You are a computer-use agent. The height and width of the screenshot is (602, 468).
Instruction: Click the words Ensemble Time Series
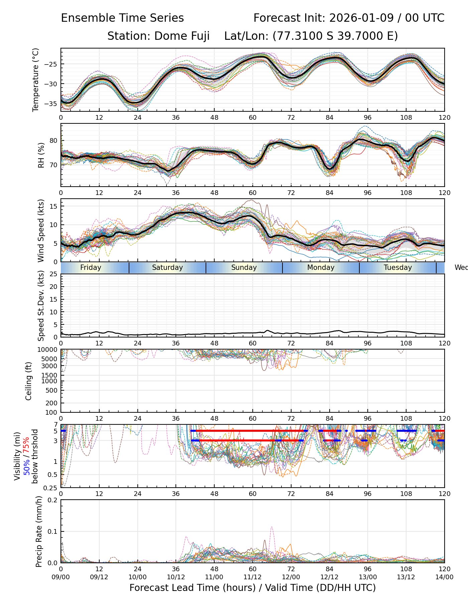click(122, 18)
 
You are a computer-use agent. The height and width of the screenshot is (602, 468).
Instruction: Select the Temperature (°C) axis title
click(36, 80)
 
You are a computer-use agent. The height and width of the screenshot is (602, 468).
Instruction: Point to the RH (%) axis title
click(41, 155)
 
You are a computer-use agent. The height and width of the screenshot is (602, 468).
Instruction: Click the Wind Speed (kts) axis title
click(41, 230)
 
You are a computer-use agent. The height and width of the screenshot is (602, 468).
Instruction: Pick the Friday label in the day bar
click(91, 268)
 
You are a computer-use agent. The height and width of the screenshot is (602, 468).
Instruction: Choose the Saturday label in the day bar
click(167, 268)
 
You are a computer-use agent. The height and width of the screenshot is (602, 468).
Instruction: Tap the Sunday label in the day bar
click(244, 268)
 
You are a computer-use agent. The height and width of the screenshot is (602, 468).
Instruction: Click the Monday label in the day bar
click(321, 268)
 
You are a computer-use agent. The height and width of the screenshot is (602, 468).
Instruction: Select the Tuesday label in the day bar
click(397, 268)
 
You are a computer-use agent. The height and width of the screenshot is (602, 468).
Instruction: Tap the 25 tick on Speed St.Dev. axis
click(53, 274)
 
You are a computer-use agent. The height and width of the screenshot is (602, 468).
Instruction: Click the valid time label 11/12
click(252, 577)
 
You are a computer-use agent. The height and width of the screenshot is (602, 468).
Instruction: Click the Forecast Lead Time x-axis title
click(252, 588)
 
